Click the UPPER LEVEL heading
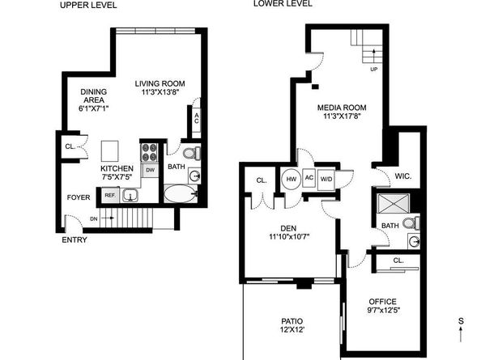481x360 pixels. pos(88,5)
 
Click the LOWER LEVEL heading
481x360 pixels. pos(283,4)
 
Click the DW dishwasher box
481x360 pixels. pos(151,170)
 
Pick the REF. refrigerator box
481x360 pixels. pos(108,194)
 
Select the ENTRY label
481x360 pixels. pos(76,239)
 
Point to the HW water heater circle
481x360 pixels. pos(291,179)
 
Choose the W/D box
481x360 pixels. pos(326,179)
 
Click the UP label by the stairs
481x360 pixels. pos(373,70)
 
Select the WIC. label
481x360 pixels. pos(403,175)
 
